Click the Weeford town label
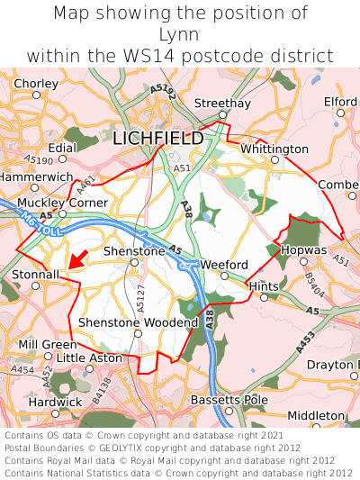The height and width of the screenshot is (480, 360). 224,264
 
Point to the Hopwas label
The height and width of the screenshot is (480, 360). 304,248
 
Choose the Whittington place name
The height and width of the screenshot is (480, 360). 274,149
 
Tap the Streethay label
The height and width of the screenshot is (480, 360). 223,104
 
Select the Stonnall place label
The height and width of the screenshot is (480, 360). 35,273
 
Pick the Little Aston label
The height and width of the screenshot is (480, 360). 89,358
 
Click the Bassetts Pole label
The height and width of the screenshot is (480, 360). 229,399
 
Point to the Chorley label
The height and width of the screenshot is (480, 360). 37,84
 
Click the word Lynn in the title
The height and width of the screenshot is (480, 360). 180,34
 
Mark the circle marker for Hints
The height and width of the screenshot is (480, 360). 264,296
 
